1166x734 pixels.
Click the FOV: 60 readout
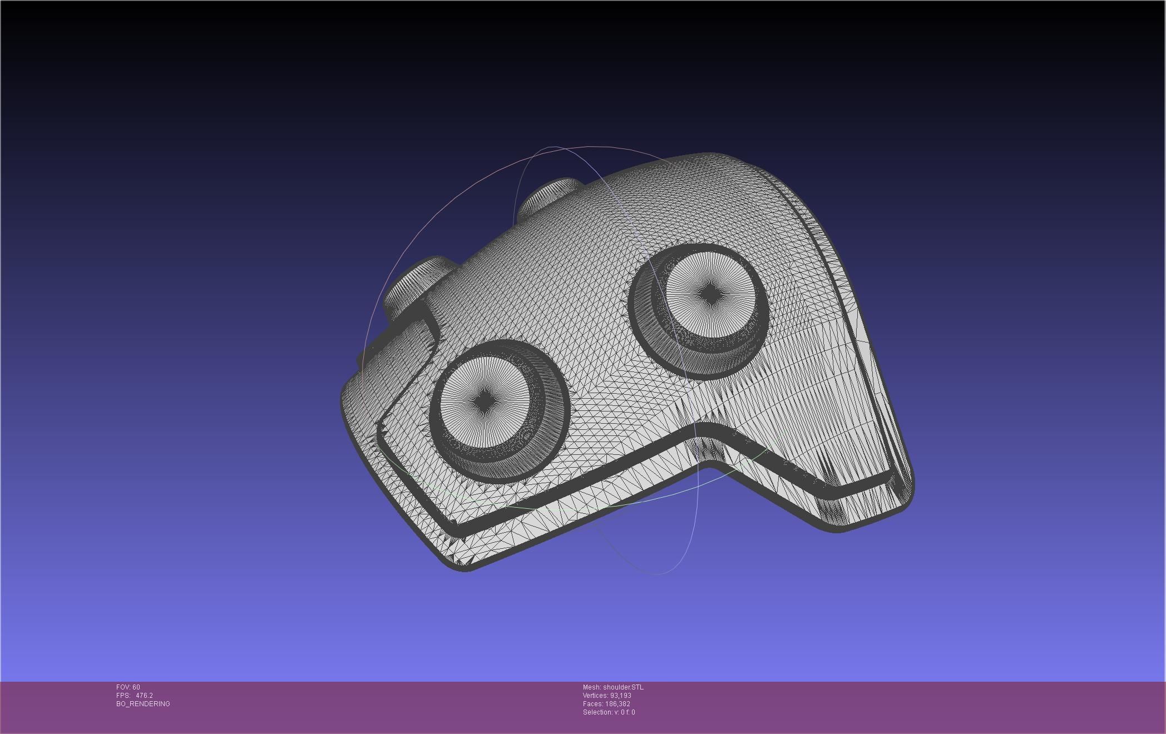click(128, 687)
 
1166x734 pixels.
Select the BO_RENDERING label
click(143, 704)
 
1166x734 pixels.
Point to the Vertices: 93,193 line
click(607, 696)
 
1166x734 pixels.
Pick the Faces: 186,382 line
click(606, 704)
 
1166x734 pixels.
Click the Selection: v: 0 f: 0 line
click(609, 712)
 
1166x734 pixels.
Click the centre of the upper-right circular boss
click(710, 295)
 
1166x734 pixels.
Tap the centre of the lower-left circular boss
click(485, 400)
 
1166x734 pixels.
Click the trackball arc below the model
click(656, 573)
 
